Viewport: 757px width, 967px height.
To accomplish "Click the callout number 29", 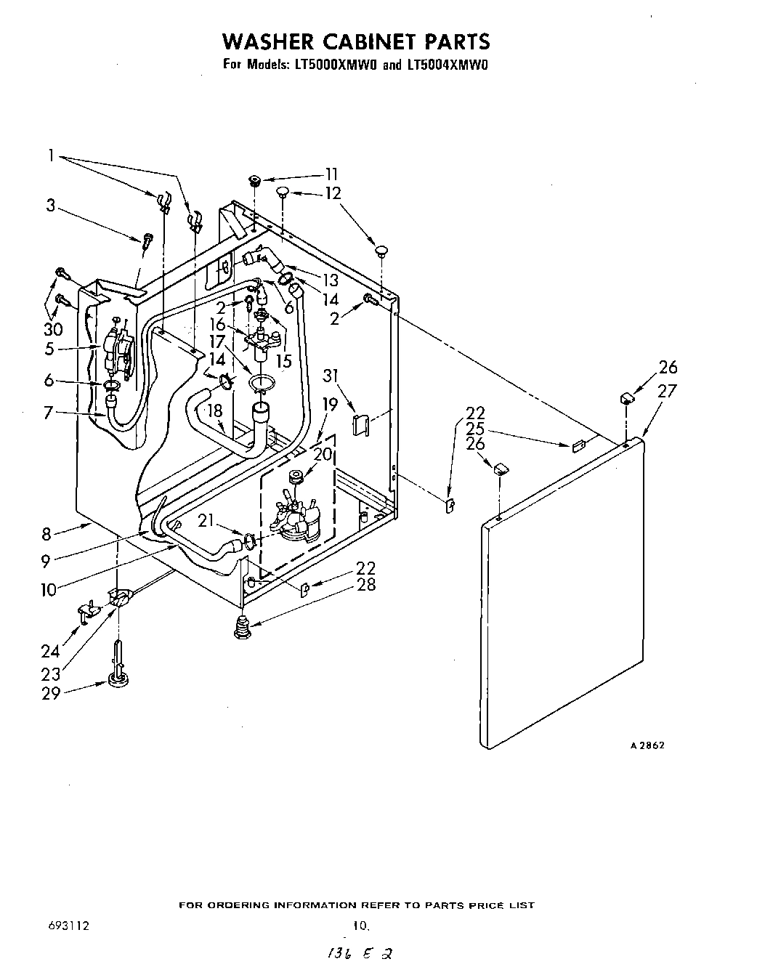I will [x=52, y=693].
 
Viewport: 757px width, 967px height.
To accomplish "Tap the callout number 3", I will [x=50, y=206].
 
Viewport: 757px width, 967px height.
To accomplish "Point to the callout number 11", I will [x=331, y=174].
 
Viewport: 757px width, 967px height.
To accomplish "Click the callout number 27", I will [x=666, y=392].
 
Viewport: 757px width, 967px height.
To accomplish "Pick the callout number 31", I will [x=331, y=376].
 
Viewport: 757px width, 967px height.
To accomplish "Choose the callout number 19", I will [x=330, y=405].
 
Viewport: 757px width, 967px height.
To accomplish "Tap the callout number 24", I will [x=50, y=652].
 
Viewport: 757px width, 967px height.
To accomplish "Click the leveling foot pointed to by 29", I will [x=116, y=678].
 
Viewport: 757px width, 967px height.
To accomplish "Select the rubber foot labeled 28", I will [x=242, y=627].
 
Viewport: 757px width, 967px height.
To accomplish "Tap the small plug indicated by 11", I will [x=255, y=180].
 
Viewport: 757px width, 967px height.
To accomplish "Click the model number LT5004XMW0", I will [x=446, y=65].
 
